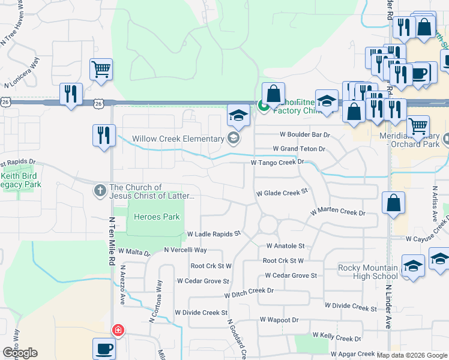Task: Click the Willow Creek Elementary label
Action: [x=178, y=139]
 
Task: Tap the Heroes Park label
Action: [x=157, y=217]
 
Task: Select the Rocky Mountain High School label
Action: [x=368, y=272]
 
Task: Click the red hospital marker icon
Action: [x=118, y=330]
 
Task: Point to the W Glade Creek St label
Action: [x=282, y=193]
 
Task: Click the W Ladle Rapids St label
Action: [x=214, y=233]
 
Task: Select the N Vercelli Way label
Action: [x=185, y=250]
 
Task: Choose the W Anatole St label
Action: [x=286, y=246]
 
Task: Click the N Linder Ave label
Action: [x=388, y=304]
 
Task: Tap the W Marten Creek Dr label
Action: [x=337, y=212]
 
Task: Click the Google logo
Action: [x=20, y=353]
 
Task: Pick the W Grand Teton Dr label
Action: [x=299, y=148]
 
